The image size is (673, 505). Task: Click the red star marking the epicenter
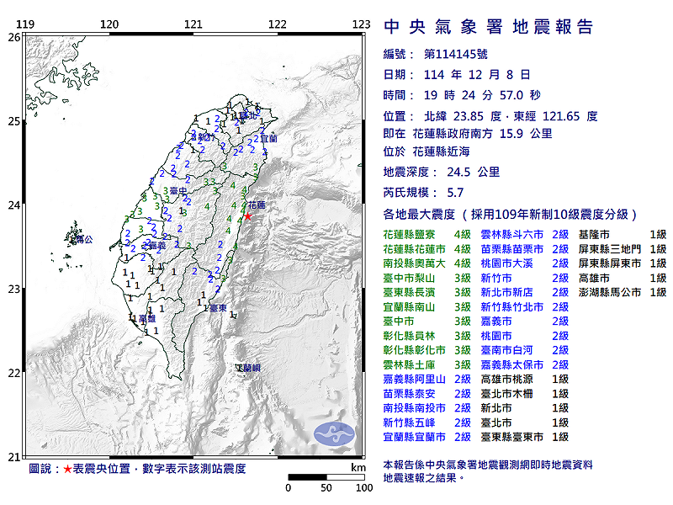247,215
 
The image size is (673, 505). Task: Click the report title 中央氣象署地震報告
489,27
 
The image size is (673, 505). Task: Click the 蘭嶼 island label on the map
248,368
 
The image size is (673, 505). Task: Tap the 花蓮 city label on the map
257,205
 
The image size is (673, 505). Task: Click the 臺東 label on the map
217,309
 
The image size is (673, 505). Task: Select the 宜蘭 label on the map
268,137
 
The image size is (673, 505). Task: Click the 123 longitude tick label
362,24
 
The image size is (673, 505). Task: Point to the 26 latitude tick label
13,37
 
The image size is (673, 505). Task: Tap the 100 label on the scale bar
363,487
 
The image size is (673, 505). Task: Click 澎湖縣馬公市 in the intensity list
610,292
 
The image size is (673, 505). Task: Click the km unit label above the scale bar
358,467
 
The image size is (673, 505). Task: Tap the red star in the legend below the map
68,468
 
